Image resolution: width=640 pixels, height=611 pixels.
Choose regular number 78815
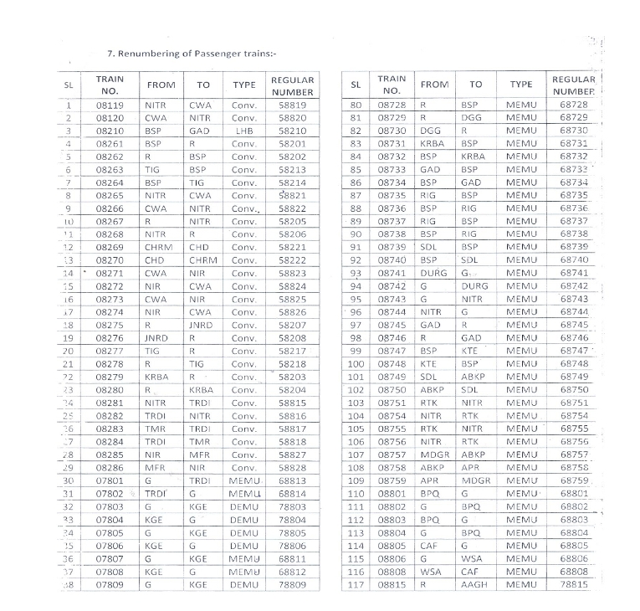click(x=573, y=585)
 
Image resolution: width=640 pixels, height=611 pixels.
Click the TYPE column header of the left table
click(x=243, y=85)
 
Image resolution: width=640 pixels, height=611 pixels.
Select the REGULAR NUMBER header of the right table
click(x=573, y=85)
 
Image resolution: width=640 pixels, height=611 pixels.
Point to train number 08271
click(x=110, y=272)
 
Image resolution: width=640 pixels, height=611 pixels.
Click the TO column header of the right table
click(x=475, y=85)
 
